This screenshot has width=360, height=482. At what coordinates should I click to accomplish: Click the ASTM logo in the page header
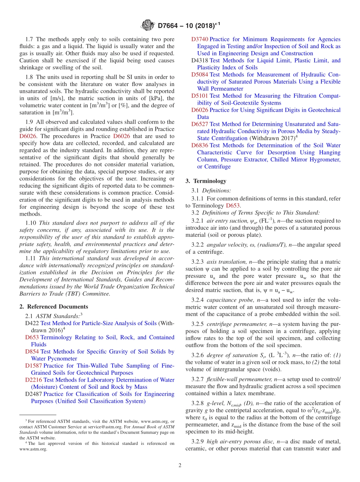tap(148, 25)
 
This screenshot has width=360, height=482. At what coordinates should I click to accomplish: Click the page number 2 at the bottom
tap(180, 465)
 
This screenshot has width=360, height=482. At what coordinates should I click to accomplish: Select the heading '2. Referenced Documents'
tap(54, 307)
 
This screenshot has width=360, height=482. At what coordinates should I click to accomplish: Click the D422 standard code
tap(32, 323)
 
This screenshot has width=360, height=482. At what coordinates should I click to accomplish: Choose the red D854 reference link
tap(32, 352)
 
